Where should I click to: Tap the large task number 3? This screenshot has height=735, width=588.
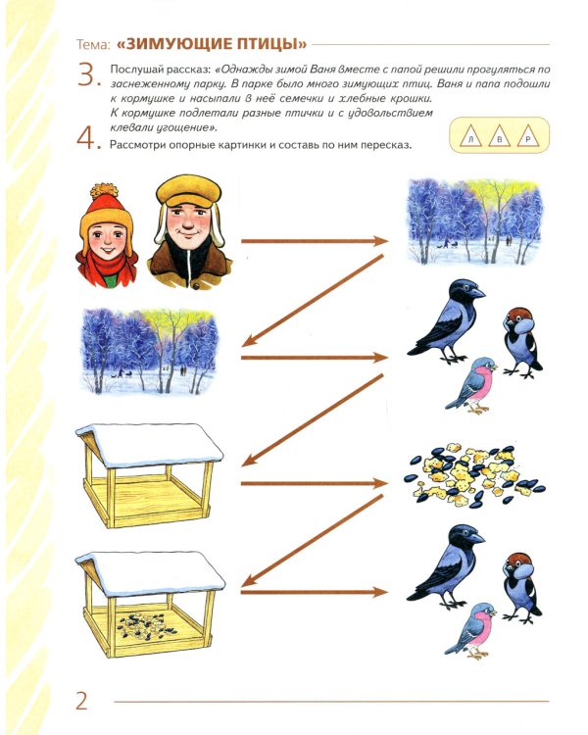[88, 75]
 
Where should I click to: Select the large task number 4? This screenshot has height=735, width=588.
[88, 138]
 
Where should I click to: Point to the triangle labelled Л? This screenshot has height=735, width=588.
[471, 136]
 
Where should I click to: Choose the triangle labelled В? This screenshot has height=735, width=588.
[500, 136]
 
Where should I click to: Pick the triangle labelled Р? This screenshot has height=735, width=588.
[528, 136]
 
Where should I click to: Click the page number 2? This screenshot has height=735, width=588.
[81, 702]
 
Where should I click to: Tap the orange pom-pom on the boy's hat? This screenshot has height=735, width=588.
[104, 192]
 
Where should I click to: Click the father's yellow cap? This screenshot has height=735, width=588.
[188, 192]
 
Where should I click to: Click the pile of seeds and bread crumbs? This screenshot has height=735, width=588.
[473, 474]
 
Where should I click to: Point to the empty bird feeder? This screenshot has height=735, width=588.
[149, 475]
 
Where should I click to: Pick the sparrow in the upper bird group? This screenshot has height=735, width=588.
[521, 342]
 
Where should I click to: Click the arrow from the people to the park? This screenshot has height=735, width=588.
[315, 241]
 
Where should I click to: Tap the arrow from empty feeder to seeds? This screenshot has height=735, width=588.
[315, 483]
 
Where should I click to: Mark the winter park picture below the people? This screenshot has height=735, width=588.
[150, 352]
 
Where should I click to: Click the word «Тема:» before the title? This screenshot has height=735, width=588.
[93, 44]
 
